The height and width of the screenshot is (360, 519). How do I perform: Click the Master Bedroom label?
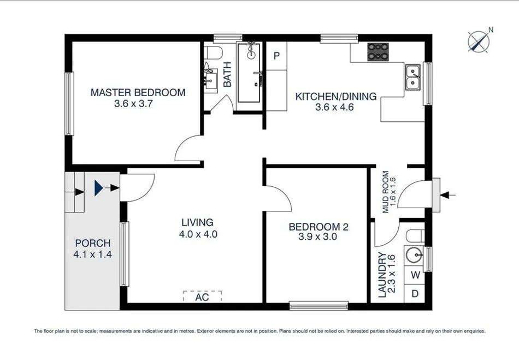(x=138, y=92)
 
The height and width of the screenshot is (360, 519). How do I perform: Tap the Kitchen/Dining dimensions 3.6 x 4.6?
(x=335, y=107)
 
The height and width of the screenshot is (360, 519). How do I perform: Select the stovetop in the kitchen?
(x=378, y=52)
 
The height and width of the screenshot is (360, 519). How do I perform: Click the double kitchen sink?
(x=413, y=78)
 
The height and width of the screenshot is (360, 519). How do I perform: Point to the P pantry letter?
(x=277, y=56)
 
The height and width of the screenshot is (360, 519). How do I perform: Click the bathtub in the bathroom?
(x=250, y=72)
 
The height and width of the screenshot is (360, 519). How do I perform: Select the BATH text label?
(x=227, y=75)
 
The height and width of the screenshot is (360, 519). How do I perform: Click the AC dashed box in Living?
(x=202, y=296)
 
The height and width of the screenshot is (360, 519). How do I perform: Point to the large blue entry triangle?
(x=98, y=188)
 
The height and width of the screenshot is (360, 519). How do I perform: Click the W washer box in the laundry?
(x=415, y=275)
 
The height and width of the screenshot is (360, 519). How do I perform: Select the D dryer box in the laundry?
(x=415, y=293)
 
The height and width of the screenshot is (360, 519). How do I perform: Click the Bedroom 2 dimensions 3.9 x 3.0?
(x=317, y=237)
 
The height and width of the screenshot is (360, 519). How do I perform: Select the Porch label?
(x=93, y=243)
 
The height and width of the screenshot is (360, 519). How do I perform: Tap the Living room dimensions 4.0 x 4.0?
(x=198, y=234)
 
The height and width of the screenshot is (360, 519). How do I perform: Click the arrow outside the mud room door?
(x=448, y=195)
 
